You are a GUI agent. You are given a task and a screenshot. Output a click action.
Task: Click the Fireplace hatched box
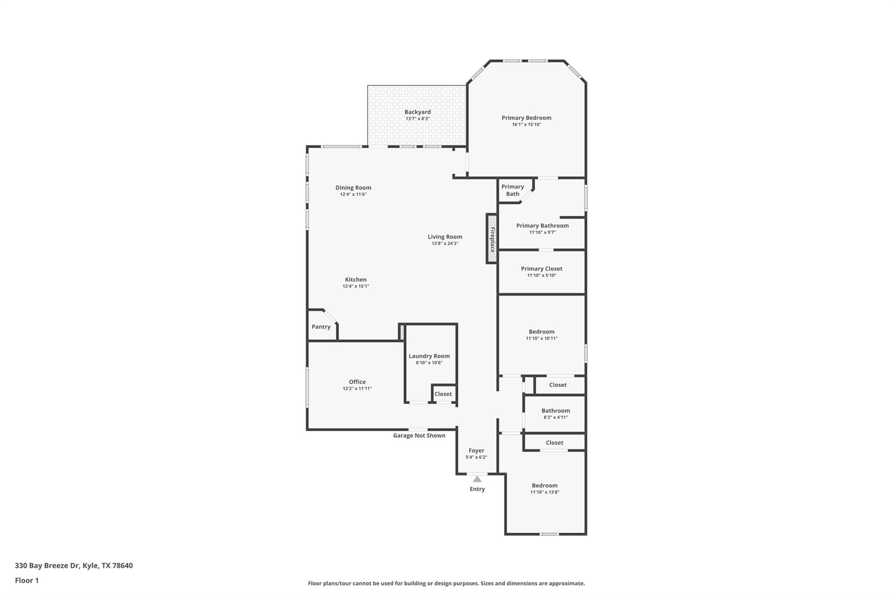pos(492,239)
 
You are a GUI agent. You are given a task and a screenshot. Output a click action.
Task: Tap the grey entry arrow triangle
pos(477,479)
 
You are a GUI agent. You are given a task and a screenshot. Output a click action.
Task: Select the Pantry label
pos(321,327)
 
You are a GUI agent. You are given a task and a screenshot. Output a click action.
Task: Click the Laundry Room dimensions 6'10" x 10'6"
pos(429,363)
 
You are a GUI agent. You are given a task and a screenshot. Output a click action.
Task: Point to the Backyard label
pos(417,112)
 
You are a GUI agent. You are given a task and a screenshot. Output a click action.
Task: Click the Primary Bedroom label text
pos(526,118)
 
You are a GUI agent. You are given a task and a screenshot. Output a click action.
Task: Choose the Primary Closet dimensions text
pos(542,275)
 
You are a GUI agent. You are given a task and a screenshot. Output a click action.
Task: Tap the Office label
pos(357,382)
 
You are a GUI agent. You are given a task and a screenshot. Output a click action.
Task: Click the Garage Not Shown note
pos(419,435)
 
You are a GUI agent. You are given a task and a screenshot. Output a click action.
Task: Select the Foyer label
pos(476,451)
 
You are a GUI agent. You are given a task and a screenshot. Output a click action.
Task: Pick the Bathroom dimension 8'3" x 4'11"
pos(556,417)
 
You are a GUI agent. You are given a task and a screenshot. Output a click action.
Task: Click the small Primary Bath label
pos(512,190)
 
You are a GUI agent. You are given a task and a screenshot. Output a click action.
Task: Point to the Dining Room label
pos(353,188)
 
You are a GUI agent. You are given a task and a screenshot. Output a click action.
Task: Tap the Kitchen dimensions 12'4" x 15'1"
pos(356,286)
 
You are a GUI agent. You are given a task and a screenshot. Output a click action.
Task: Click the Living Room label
pos(445,237)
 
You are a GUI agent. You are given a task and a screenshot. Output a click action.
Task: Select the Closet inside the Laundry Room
pos(443,394)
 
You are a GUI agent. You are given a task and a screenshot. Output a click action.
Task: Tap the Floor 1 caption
pos(27,580)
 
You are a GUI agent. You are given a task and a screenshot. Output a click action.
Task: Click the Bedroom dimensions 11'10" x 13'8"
pos(545,492)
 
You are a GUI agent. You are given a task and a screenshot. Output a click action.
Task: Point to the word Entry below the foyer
pos(477,489)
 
